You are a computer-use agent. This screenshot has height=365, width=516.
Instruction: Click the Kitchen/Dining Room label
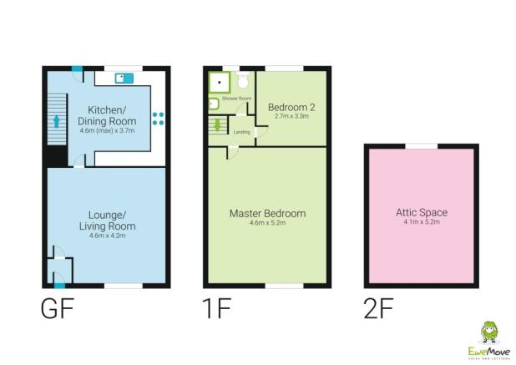click(107, 116)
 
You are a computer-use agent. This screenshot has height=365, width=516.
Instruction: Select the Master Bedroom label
click(267, 214)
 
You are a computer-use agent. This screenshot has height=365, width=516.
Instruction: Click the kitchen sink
click(125, 79)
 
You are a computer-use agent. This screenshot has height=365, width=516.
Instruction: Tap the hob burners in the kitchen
click(158, 119)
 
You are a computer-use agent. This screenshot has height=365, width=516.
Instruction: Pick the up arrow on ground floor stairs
click(57, 121)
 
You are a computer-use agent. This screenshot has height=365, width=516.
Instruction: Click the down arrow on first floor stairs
click(218, 126)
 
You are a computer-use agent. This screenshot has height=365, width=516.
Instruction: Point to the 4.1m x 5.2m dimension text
click(420, 222)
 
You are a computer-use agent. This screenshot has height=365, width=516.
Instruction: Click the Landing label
click(242, 131)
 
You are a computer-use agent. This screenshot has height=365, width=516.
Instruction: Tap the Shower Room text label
click(240, 99)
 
